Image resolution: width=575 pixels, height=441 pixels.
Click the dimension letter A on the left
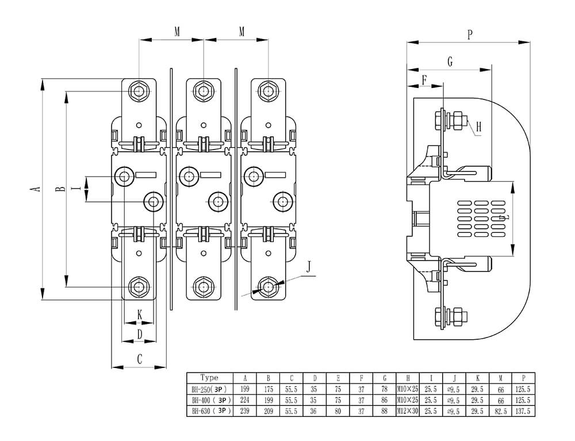click(36, 189)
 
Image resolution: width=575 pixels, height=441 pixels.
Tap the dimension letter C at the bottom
click(139, 359)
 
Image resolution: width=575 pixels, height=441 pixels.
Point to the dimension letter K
click(140, 314)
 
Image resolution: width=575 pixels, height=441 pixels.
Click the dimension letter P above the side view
click(470, 35)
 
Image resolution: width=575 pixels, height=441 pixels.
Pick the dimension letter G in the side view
click(450, 62)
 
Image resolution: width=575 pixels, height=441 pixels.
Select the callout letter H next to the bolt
click(478, 127)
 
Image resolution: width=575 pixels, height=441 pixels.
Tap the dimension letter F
click(425, 79)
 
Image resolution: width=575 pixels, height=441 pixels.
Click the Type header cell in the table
click(209, 378)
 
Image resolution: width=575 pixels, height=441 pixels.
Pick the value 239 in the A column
click(245, 411)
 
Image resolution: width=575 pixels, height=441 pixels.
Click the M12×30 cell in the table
click(408, 411)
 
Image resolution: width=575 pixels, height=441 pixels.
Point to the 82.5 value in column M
click(501, 411)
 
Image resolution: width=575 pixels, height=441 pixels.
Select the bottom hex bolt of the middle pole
click(203, 286)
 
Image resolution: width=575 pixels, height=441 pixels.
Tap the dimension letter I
click(76, 189)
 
